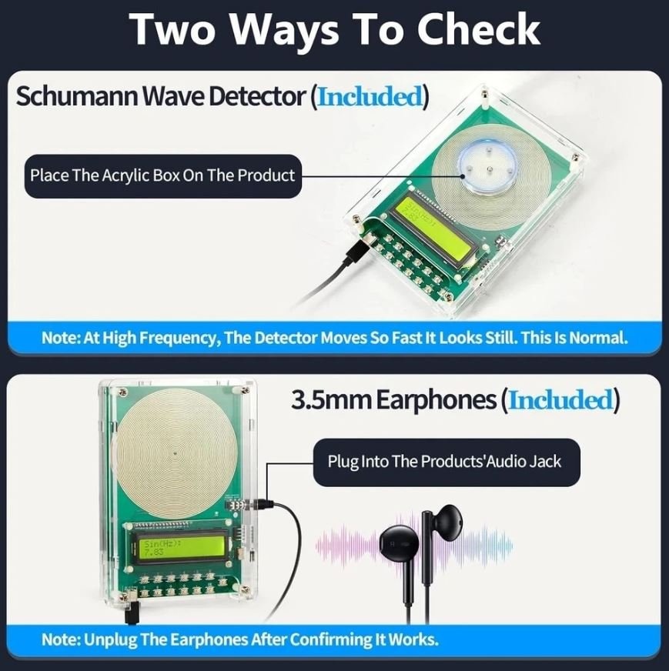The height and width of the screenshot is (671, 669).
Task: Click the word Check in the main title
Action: [x=478, y=28]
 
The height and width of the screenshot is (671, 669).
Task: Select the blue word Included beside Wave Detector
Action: [x=370, y=96]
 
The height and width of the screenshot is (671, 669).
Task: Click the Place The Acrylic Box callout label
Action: [x=162, y=176]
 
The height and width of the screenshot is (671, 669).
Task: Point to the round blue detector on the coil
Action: [x=487, y=166]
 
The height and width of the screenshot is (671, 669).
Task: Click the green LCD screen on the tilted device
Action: [x=433, y=230]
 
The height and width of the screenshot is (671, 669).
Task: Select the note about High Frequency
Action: [x=334, y=338]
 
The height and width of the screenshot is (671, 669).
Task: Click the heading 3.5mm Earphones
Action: [x=394, y=399]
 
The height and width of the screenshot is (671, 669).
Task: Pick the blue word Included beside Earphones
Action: [x=560, y=399]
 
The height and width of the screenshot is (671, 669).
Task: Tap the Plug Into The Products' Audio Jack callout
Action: [x=447, y=462]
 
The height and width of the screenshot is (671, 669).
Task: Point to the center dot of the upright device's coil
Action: [x=175, y=453]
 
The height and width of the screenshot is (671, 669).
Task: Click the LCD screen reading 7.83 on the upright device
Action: [x=182, y=547]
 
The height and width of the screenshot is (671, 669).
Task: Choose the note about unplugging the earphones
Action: [x=239, y=639]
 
